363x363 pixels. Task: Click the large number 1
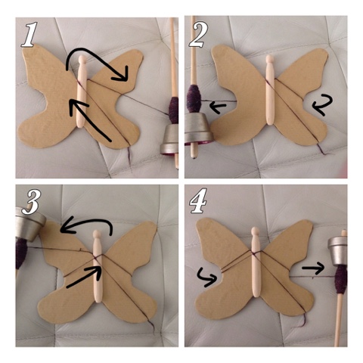(29, 35)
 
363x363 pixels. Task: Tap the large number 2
(199, 35)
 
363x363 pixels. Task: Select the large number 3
(29, 202)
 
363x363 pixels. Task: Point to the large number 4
(198, 200)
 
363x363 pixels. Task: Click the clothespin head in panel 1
(82, 60)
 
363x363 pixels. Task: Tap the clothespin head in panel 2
(270, 60)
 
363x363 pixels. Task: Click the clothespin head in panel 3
(97, 234)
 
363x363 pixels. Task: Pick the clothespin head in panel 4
(256, 231)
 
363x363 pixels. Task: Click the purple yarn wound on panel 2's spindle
(194, 98)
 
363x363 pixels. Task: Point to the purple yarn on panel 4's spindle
(342, 279)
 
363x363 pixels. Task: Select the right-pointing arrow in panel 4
(313, 268)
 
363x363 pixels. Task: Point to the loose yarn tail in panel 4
(300, 321)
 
